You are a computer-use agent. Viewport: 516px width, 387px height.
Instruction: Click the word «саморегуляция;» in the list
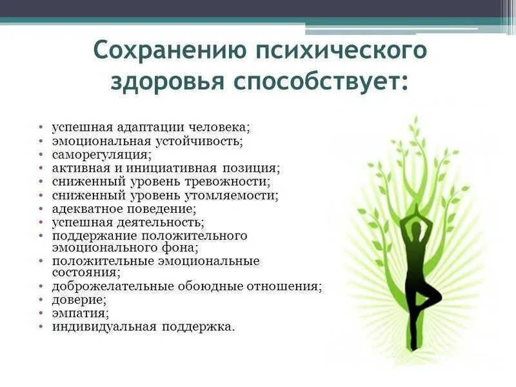tap(102, 155)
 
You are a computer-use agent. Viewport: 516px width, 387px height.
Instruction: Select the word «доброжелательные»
tap(107, 286)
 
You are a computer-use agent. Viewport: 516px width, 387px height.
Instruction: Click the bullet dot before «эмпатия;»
tap(40, 314)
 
